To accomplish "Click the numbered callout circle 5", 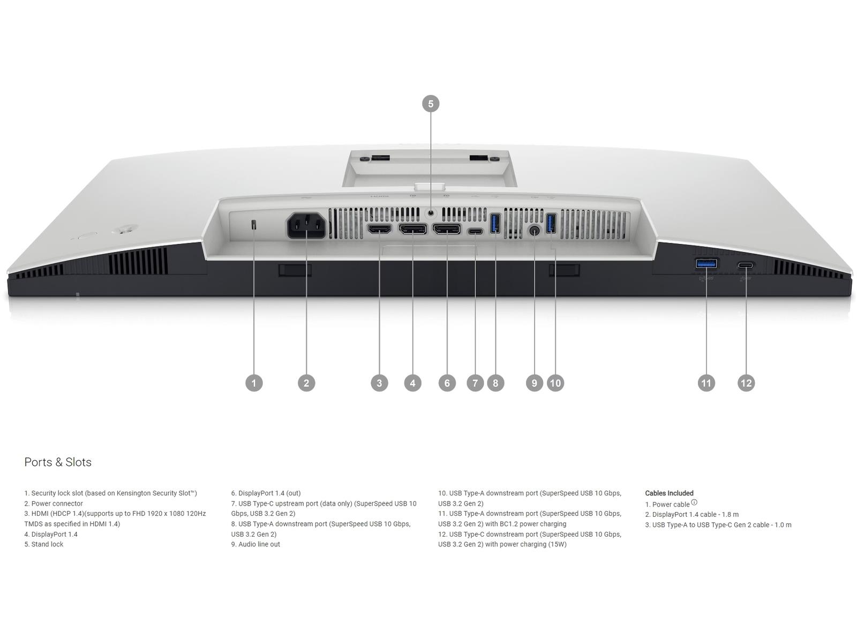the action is pos(430,104).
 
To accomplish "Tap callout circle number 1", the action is pos(254,383).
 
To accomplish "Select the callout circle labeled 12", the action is pos(746,383).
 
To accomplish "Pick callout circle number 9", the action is pos(534,383).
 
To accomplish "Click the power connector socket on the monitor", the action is pos(306,226).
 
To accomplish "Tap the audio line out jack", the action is pos(534,231).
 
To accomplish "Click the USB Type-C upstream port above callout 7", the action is pos(475,232).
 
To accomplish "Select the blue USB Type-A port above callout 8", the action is pos(495,224).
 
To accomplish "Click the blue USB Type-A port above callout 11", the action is pos(706,264).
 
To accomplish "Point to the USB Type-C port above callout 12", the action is pos(746,265).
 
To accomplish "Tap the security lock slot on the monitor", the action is pos(254,225).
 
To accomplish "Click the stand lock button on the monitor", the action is pos(431,213).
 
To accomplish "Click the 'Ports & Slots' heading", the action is pos(58,462).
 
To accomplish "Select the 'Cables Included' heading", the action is pos(669,493).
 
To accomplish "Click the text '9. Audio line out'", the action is pos(255,544).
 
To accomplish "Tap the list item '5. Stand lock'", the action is pos(44,544).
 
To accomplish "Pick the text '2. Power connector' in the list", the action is pos(54,503).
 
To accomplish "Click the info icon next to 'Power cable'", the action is pos(694,502).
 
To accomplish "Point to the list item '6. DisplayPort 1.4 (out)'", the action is pos(266,493).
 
